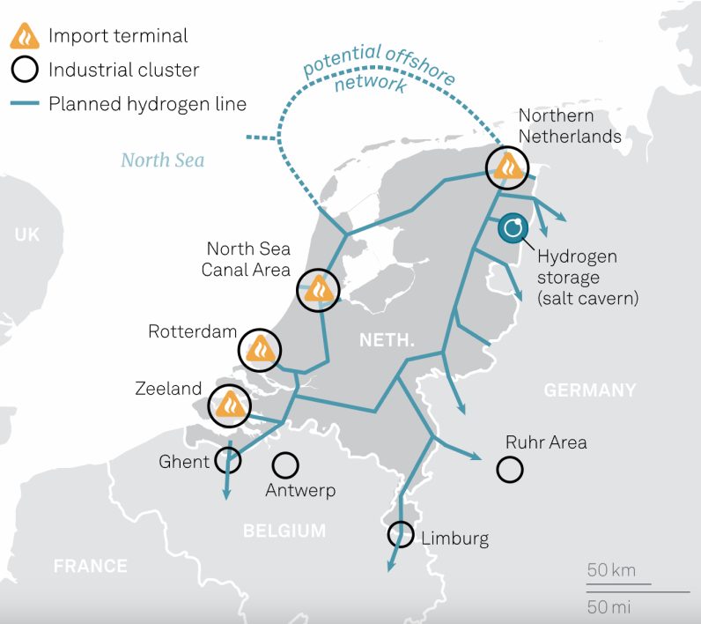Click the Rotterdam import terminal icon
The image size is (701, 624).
[260, 350]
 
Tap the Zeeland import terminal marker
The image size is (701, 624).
[230, 404]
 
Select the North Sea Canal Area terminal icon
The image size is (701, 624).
[316, 289]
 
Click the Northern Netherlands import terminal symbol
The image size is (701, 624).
[509, 166]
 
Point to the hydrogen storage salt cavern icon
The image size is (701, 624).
[513, 229]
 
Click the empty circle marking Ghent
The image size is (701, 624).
[228, 460]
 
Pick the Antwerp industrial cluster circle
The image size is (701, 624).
[284, 464]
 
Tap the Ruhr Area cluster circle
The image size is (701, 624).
[510, 469]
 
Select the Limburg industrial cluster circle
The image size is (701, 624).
[400, 534]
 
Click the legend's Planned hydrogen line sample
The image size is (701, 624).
[24, 104]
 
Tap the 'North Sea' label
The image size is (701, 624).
[163, 160]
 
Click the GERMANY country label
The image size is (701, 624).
[589, 390]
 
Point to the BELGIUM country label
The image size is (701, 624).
[284, 531]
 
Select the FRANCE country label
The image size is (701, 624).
[90, 566]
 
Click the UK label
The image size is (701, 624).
[27, 234]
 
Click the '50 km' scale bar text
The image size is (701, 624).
[611, 570]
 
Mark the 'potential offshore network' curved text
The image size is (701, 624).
[379, 69]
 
